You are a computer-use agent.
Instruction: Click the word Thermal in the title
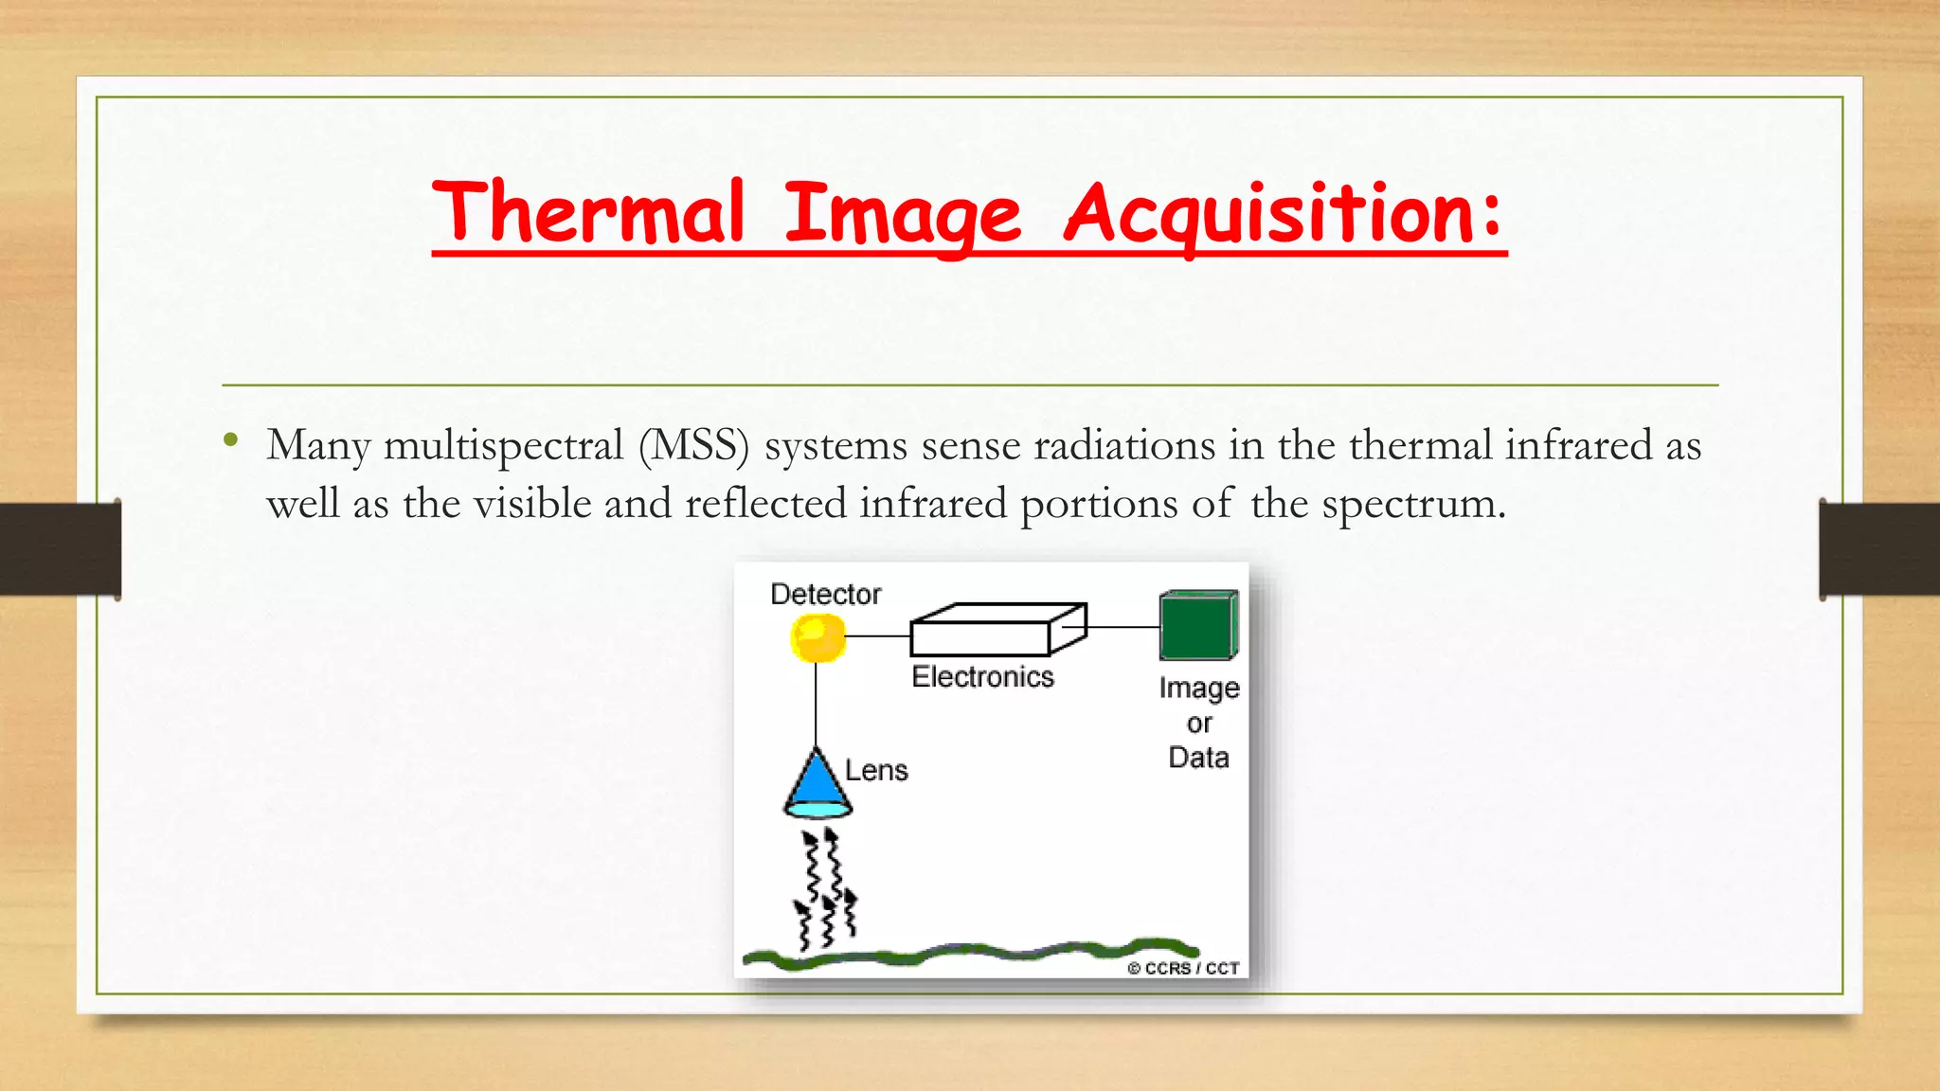tap(587, 212)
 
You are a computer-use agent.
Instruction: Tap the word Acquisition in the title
tap(1284, 214)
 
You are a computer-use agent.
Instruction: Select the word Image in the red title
tap(903, 214)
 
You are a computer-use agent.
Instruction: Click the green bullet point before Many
tap(230, 440)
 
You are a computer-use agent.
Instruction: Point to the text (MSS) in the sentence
tap(693, 446)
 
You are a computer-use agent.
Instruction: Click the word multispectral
tap(503, 446)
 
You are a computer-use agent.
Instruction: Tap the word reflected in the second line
tap(765, 503)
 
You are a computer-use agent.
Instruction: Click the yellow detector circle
tap(817, 637)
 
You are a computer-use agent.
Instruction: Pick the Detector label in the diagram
tap(825, 594)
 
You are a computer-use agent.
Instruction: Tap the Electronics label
tap(982, 676)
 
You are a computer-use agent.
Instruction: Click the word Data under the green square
tap(1198, 758)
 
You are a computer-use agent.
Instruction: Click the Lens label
tap(876, 770)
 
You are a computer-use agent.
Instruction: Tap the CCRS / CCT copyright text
tap(1183, 968)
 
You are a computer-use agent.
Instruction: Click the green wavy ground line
tap(966, 951)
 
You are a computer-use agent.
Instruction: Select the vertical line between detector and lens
tap(816, 706)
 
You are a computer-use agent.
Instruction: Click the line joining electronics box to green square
tap(1123, 627)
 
